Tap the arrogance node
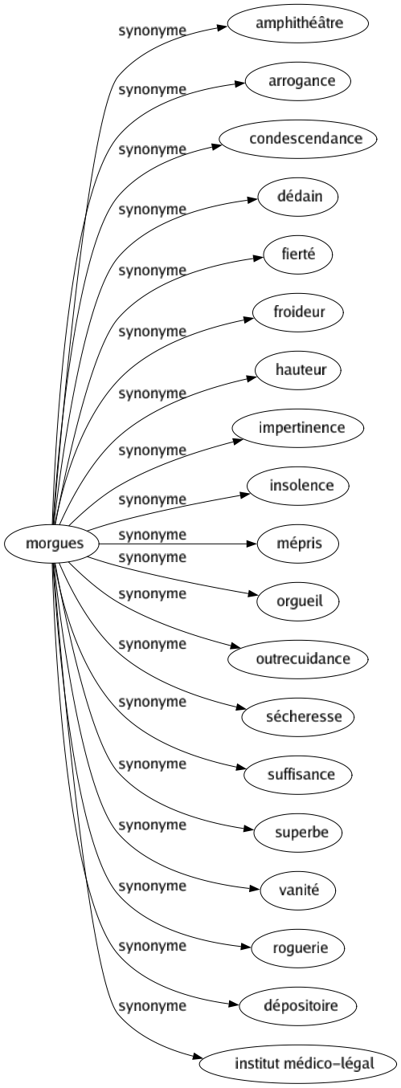[298, 81]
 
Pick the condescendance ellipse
[298, 139]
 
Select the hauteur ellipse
[298, 370]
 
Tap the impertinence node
[298, 428]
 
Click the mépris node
[298, 544]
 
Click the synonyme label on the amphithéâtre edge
[152, 31]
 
